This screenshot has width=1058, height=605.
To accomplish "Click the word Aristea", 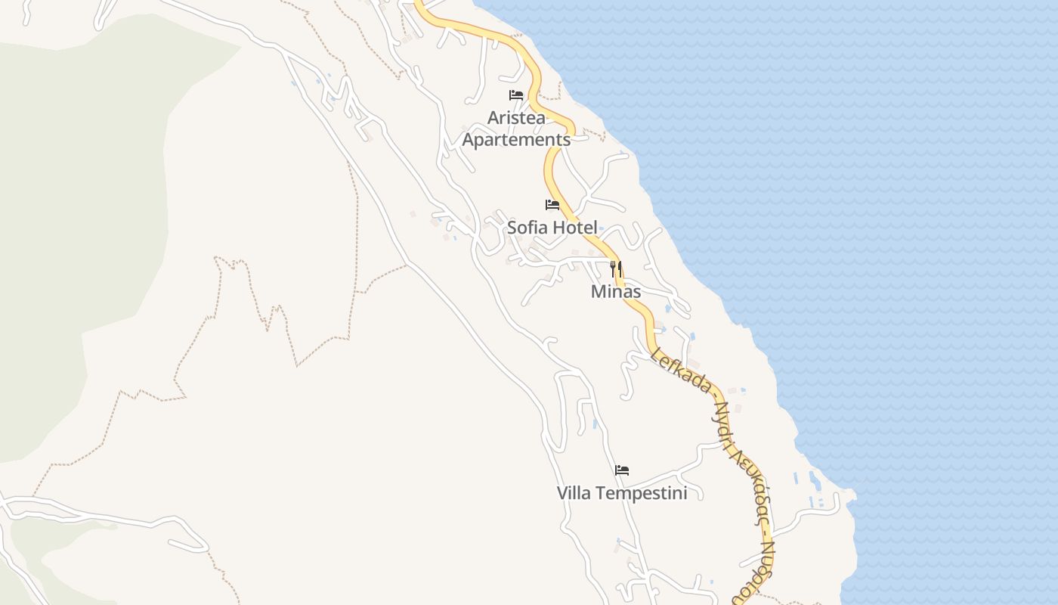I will [x=516, y=118].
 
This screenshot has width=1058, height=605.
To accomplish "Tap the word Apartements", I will [x=516, y=140].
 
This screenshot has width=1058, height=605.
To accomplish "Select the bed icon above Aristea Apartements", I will [x=516, y=95].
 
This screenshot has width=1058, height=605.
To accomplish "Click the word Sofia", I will [x=527, y=228].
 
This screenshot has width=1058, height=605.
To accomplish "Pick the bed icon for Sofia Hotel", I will [x=552, y=205].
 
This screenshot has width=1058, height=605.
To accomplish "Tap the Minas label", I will [x=616, y=292].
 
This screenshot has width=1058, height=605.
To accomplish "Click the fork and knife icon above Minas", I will [x=616, y=269].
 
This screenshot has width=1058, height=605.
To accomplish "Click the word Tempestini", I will [x=640, y=494].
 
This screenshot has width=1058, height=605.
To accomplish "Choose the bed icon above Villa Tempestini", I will [x=622, y=470].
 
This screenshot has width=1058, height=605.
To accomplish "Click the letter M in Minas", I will [x=597, y=292].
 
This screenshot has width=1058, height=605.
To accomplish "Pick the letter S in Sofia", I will [x=512, y=228].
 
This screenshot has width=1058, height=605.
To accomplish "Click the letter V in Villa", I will [x=562, y=494].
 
